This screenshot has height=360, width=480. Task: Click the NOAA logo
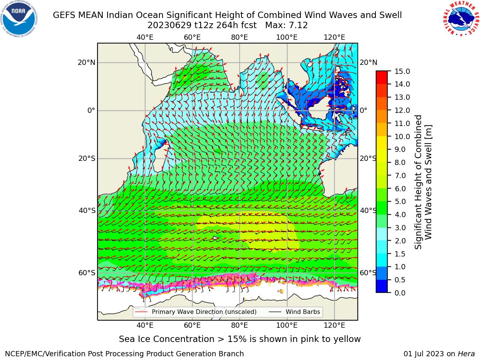tap(19, 19)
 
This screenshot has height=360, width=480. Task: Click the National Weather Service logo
tap(461, 18)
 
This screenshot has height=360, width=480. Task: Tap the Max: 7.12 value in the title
tap(286, 25)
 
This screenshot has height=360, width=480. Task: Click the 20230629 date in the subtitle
tap(169, 25)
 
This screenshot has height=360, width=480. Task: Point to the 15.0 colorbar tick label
tap(402, 72)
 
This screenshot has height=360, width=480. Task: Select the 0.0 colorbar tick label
tap(400, 293)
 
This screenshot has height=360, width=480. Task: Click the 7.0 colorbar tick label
tap(400, 175)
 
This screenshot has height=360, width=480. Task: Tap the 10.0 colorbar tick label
tap(402, 136)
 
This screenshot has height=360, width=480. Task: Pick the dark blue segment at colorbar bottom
tap(382, 286)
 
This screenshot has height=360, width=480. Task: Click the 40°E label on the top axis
tap(145, 37)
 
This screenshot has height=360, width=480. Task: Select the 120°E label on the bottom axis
tap(334, 325)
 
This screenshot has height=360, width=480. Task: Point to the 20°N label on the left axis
tap(87, 63)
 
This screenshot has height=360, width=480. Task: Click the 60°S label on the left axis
tap(87, 273)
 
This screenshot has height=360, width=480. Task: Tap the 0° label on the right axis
tap(363, 110)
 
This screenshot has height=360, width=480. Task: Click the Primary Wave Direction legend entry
tap(196, 312)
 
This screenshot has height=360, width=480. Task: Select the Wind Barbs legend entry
tap(294, 312)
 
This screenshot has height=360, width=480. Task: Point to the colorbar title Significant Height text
tap(418, 182)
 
